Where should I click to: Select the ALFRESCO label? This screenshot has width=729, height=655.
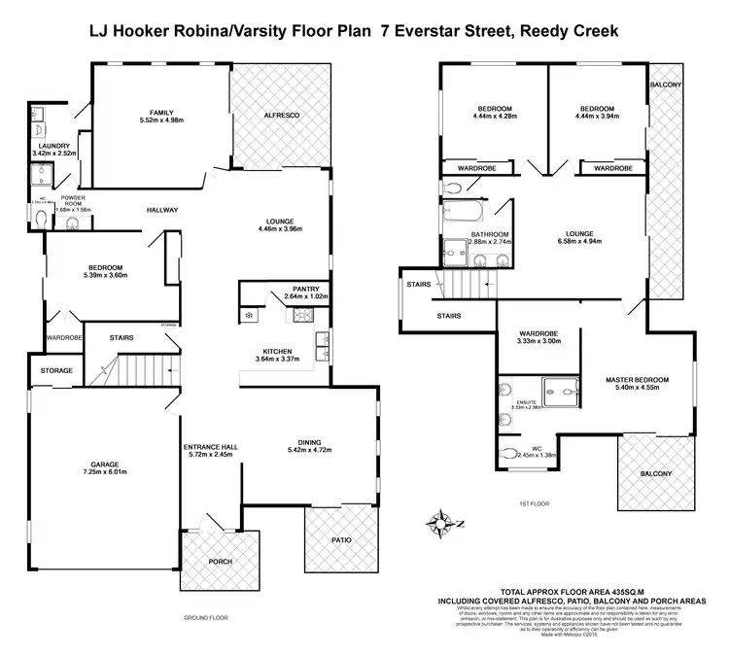click(281, 115)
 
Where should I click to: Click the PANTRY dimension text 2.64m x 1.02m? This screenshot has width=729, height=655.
click(301, 296)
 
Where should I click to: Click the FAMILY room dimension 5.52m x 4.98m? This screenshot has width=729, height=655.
click(161, 121)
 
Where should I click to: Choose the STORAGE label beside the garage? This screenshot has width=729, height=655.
click(56, 370)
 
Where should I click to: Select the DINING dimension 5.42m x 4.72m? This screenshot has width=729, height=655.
click(310, 449)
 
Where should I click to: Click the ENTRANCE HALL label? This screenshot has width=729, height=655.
click(212, 446)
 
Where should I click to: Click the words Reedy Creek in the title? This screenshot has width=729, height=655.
click(569, 32)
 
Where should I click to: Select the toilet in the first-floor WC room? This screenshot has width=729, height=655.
click(507, 451)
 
